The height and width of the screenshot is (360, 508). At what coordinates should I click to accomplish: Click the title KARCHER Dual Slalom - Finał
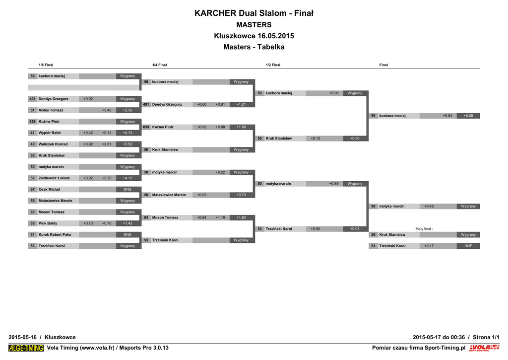254,13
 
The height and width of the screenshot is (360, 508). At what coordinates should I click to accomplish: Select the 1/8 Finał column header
46,65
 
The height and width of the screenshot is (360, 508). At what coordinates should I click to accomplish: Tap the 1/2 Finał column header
273,65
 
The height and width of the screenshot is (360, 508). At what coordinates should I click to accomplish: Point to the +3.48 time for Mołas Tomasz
107,110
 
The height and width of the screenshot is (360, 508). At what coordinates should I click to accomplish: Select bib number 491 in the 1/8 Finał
32,99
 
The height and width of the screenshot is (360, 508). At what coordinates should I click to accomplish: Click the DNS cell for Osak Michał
127,189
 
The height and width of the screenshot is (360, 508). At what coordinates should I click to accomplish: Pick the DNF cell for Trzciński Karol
468,246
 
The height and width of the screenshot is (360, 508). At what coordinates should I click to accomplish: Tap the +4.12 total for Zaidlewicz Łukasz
127,178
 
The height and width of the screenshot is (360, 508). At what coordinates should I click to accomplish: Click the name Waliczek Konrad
53,144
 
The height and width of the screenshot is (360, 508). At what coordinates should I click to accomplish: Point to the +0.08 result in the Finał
468,116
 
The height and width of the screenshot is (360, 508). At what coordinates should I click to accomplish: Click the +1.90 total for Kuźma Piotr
241,127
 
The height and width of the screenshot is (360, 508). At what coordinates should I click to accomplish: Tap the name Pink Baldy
48,223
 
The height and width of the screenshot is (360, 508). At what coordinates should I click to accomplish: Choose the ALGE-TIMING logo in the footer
26,348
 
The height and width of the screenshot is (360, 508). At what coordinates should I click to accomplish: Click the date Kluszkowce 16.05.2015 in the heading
254,36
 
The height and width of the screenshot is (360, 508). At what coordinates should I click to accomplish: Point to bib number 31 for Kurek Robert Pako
32,234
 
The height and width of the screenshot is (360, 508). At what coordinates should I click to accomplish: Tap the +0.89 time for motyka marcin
334,184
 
